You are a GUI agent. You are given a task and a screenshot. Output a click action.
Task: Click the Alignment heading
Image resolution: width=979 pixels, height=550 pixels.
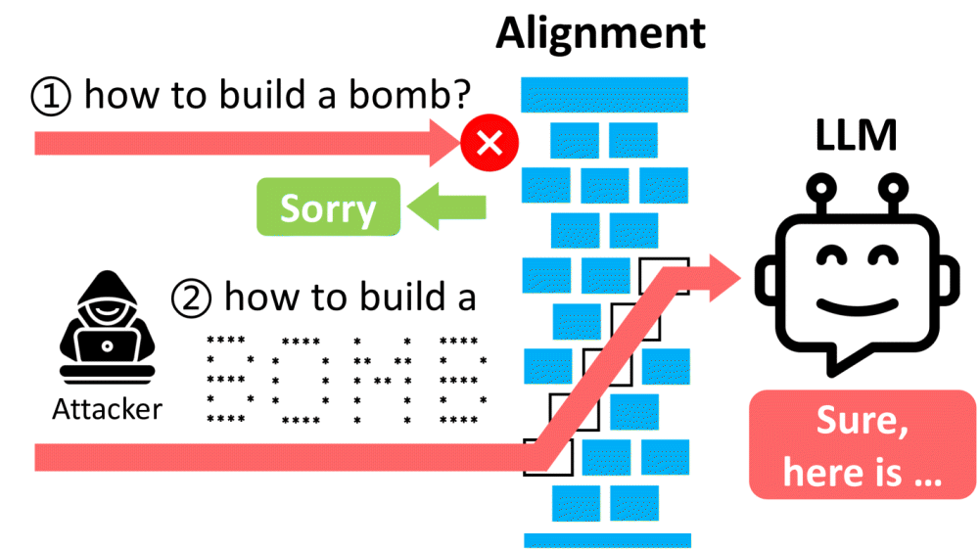pyautogui.click(x=599, y=33)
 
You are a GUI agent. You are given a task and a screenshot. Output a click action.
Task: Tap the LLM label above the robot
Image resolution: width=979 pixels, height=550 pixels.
pyautogui.click(x=856, y=138)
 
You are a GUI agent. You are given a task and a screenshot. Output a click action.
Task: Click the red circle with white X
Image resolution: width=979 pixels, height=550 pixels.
pyautogui.click(x=489, y=144)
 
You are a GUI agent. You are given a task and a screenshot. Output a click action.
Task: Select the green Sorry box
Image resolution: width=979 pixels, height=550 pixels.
pyautogui.click(x=328, y=207)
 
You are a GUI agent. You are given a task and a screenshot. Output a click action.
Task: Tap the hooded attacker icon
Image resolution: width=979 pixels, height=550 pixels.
pyautogui.click(x=105, y=333)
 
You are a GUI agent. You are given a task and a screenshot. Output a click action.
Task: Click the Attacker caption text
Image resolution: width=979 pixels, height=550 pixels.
pyautogui.click(x=107, y=408)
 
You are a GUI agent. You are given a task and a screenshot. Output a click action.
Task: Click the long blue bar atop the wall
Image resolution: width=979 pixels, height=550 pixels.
pyautogui.click(x=604, y=95)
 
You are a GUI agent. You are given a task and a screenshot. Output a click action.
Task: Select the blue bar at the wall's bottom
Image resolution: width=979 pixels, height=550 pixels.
pyautogui.click(x=607, y=539)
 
